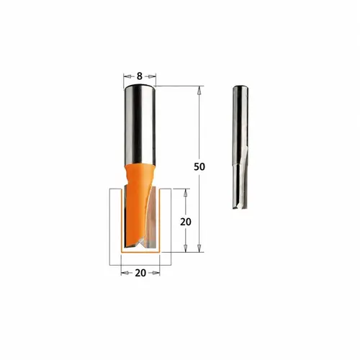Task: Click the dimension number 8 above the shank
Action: point(140,76)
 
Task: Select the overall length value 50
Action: point(199,166)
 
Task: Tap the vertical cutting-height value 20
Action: point(186,222)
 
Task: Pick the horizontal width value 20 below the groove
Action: point(140,273)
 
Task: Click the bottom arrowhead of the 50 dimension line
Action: point(199,248)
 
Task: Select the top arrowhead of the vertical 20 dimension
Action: point(185,193)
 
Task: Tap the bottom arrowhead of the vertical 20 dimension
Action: point(185,248)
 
